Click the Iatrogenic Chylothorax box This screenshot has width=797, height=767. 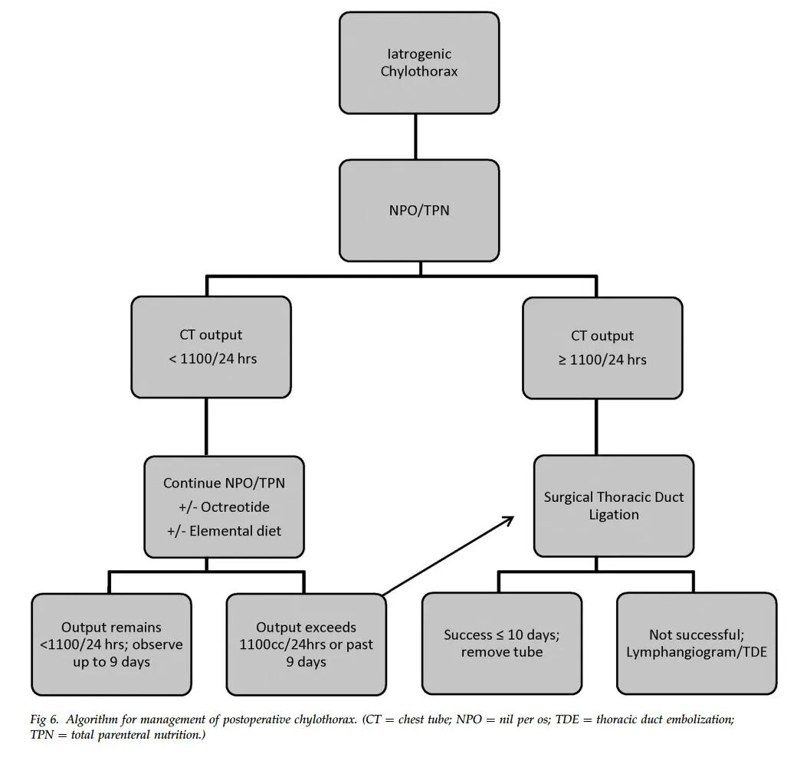[x=419, y=63]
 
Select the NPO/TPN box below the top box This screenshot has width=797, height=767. [x=419, y=211]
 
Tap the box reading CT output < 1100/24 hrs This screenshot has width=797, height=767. [x=211, y=347]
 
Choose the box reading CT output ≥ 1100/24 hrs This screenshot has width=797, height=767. [x=602, y=348]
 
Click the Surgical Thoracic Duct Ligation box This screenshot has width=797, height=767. [x=614, y=506]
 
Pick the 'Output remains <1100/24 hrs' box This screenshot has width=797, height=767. [x=111, y=644]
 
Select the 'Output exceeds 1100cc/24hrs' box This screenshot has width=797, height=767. [x=306, y=644]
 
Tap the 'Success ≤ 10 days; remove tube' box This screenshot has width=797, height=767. [x=502, y=643]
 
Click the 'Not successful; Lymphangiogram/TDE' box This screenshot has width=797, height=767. [x=697, y=643]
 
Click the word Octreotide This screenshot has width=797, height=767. [x=235, y=506]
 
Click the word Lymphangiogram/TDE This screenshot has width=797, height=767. [x=697, y=652]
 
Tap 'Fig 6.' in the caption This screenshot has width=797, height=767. [x=44, y=719]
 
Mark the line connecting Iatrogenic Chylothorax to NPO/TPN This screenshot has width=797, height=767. [x=416, y=136]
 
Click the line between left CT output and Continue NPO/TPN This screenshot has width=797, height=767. [x=206, y=427]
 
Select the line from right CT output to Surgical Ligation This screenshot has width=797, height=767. [x=596, y=427]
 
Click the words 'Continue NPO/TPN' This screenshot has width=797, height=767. [x=224, y=483]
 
